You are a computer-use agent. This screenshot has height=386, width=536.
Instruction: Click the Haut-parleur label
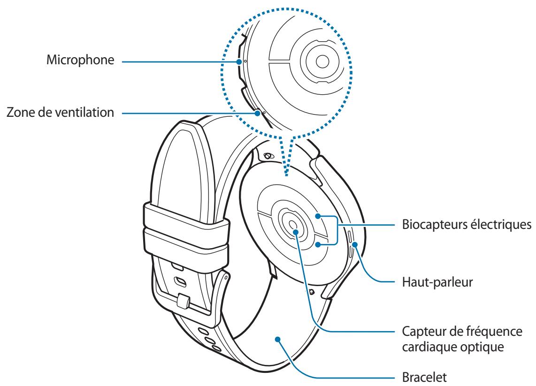[x=429, y=282]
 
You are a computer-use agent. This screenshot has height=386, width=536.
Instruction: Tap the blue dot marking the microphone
[x=239, y=61]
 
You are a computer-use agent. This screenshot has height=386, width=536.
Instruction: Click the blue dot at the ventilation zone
[x=257, y=112]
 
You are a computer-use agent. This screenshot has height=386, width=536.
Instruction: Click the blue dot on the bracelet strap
[x=277, y=338]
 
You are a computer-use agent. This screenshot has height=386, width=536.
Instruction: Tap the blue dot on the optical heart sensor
[x=295, y=231]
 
